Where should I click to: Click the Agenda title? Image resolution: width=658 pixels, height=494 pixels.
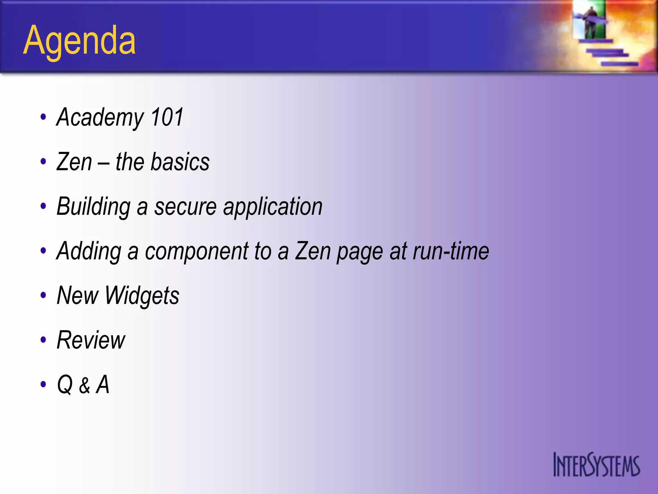[x=79, y=41]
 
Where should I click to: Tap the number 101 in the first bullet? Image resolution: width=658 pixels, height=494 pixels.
[x=167, y=117]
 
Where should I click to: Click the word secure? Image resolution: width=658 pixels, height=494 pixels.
[x=185, y=206]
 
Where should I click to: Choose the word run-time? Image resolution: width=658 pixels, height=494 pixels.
[x=451, y=251]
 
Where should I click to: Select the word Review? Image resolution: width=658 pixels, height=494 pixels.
[x=91, y=340]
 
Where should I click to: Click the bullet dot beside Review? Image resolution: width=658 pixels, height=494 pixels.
[x=43, y=340]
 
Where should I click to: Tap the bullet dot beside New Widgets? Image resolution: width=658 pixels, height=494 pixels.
[x=43, y=295]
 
